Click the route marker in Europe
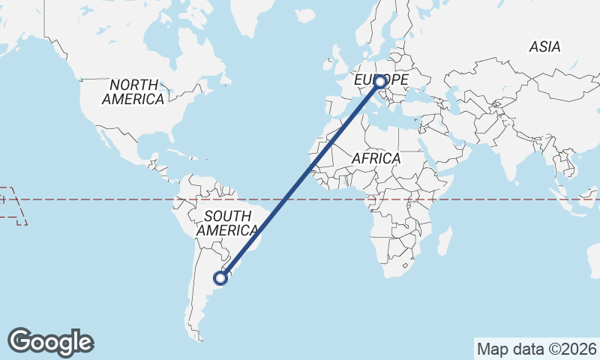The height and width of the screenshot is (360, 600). [x=380, y=82]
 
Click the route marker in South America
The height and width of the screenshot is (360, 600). [x=220, y=278]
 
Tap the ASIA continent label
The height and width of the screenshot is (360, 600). [x=544, y=46]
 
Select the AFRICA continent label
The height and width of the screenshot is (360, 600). [x=376, y=159]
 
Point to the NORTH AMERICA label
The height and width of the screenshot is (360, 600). [x=133, y=91]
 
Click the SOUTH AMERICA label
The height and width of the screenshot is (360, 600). [x=226, y=223]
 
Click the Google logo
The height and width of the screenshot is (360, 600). [x=50, y=342]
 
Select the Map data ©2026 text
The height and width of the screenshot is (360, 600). [x=537, y=349]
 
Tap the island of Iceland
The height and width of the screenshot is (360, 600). [x=305, y=16]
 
